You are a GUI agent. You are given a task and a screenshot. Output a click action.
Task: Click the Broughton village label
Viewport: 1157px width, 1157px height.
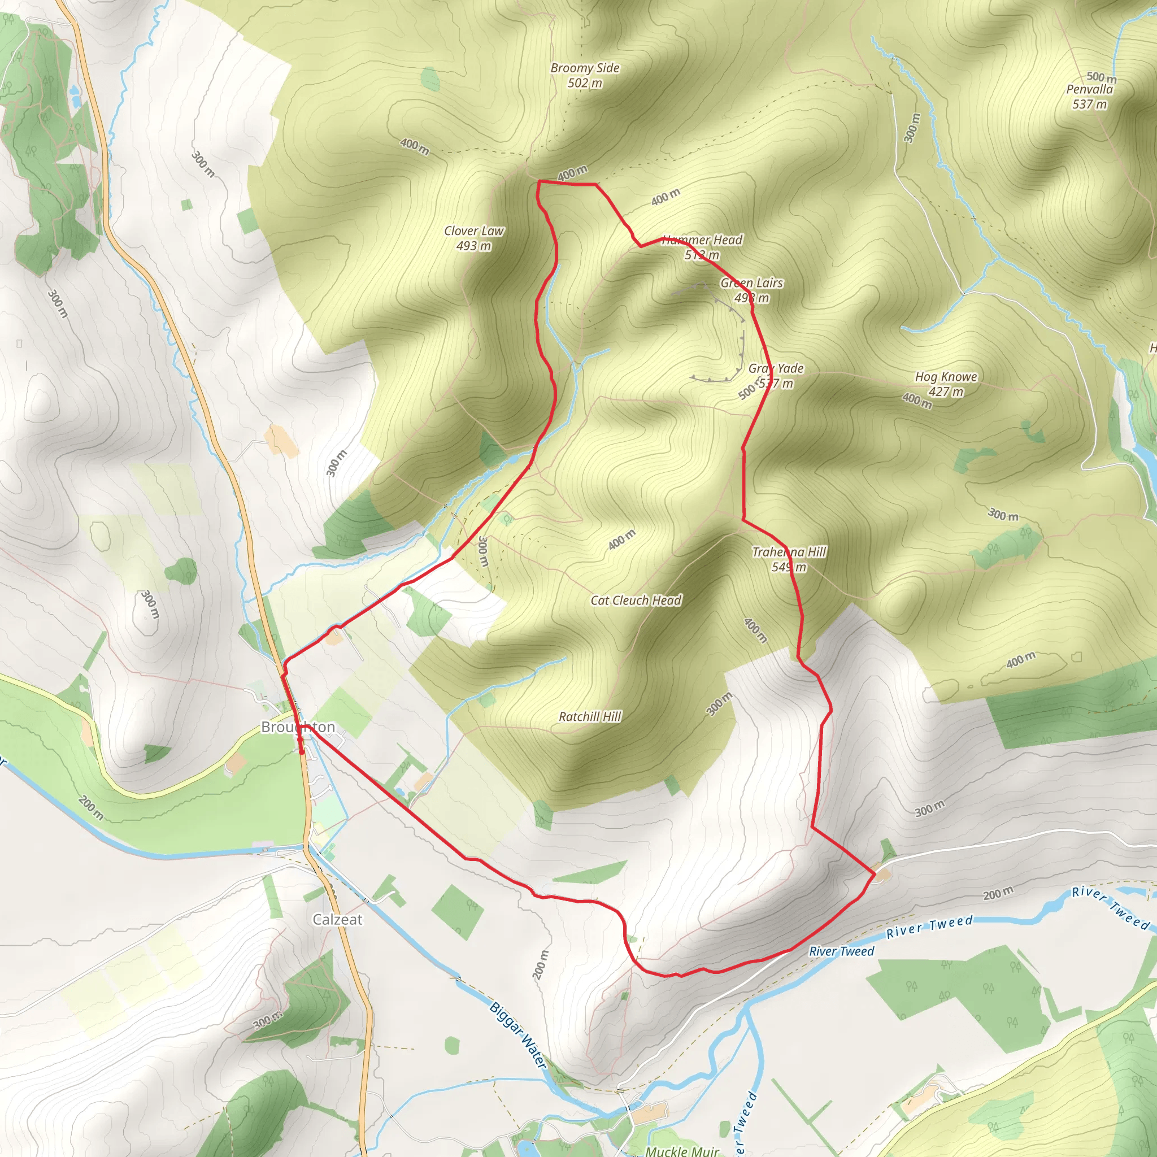298,727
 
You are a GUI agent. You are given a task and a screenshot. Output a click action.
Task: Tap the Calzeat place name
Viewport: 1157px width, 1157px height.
337,919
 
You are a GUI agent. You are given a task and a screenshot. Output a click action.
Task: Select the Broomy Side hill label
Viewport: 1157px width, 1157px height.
585,68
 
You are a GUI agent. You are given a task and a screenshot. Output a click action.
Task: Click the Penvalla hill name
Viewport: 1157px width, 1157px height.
1089,90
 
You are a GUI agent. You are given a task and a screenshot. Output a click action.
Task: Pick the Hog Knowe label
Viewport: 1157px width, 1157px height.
946,377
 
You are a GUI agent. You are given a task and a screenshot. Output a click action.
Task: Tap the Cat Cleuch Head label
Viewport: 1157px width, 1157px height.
636,601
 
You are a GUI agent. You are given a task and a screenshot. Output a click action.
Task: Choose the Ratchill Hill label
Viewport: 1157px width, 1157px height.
590,717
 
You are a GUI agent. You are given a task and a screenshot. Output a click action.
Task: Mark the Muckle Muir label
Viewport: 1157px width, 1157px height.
681,1150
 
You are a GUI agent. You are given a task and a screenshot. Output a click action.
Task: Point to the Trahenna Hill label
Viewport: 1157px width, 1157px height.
789,552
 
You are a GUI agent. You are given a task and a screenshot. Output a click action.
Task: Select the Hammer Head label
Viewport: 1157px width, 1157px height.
702,240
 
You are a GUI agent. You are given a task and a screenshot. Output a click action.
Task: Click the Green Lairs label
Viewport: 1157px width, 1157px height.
751,283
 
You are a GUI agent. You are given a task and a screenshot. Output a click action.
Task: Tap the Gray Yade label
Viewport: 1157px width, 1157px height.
776,369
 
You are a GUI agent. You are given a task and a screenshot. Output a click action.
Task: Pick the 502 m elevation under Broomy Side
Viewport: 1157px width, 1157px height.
585,83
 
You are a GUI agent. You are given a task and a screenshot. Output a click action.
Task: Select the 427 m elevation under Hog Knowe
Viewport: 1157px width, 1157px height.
946,392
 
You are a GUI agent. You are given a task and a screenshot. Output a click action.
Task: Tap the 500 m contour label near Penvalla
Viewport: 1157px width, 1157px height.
1101,77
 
